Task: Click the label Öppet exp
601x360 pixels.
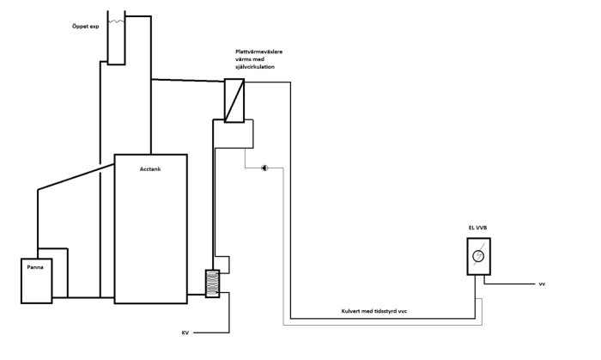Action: click(86, 27)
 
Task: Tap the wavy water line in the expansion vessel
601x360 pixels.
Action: click(116, 21)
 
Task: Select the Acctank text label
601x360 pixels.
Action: click(150, 169)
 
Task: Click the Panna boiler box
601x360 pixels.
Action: click(36, 281)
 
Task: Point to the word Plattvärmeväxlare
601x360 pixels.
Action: click(259, 52)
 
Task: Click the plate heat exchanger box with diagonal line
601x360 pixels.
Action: click(234, 101)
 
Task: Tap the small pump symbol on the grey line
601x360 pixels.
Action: click(264, 168)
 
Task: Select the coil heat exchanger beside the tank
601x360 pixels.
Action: click(212, 284)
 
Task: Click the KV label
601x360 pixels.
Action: click(185, 333)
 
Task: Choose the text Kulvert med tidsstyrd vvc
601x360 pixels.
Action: click(374, 311)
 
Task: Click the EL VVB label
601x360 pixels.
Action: click(477, 228)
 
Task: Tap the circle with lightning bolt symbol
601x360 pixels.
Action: click(478, 256)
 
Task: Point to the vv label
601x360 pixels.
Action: click(542, 284)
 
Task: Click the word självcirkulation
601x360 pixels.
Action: click(255, 67)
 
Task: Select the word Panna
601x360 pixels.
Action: click(35, 267)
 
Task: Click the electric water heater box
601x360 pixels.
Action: click(479, 257)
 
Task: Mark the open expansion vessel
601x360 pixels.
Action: click(116, 38)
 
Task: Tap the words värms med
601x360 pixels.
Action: click(250, 59)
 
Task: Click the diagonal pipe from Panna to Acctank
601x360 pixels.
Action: click(76, 177)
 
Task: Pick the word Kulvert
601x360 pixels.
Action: click(350, 311)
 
